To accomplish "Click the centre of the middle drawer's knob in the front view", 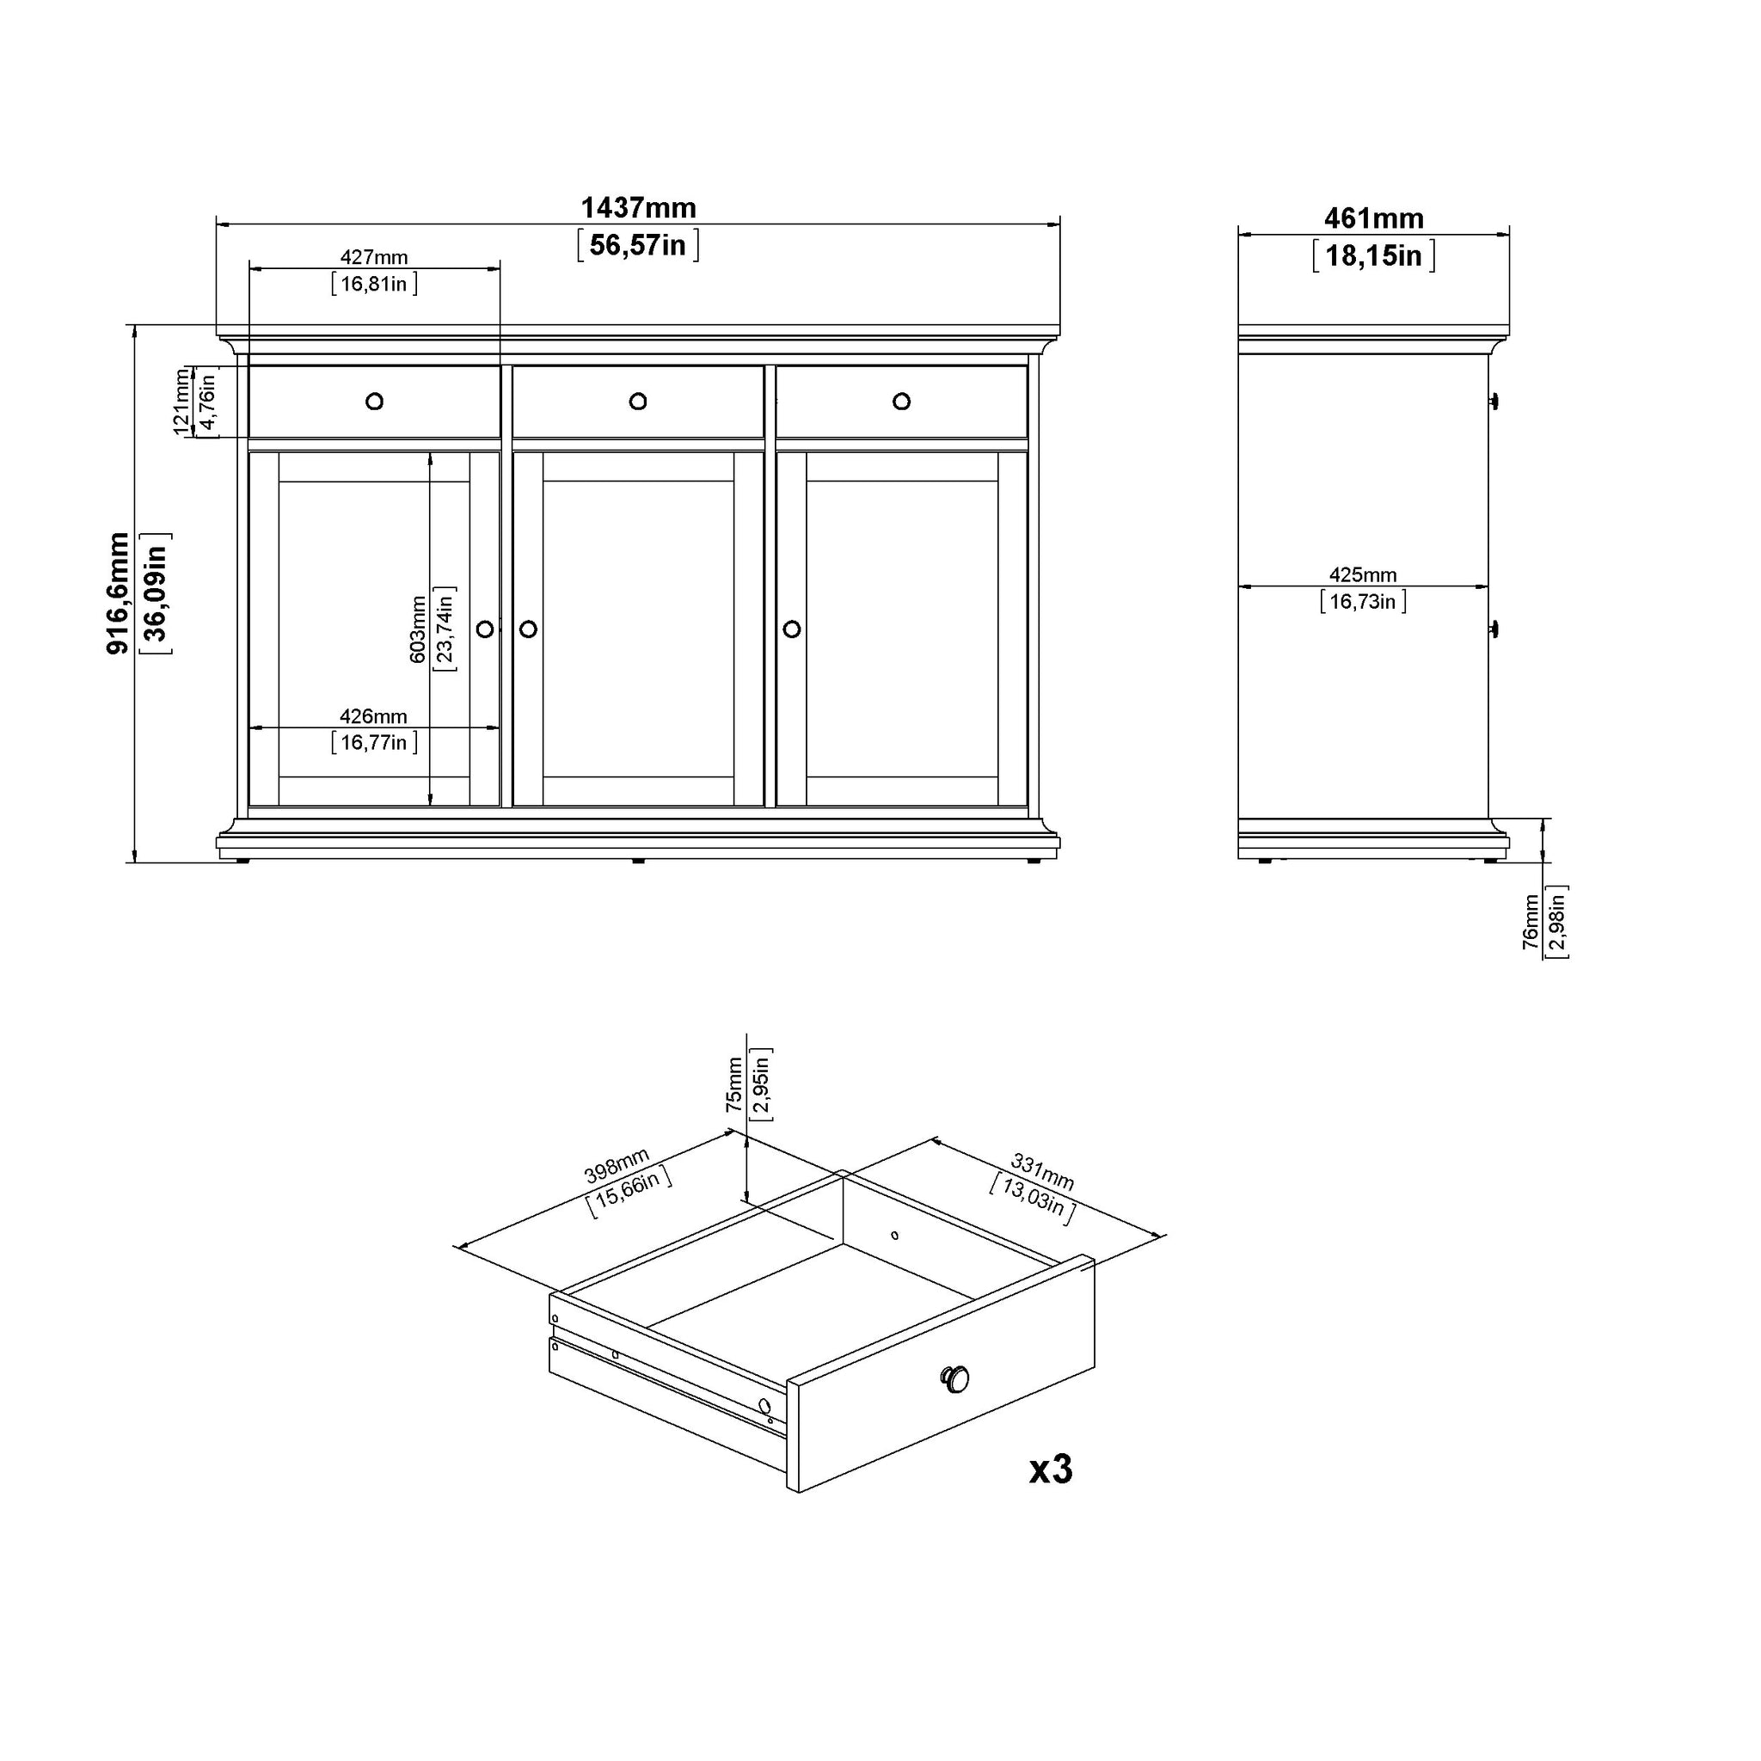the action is (638, 401).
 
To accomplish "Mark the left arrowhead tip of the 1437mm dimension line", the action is (217, 224).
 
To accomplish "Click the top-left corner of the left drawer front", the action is (249, 366).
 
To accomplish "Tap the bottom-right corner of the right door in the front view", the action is (1028, 806).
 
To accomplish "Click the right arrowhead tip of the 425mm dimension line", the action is (1488, 587).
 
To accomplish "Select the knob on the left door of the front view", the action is (485, 629).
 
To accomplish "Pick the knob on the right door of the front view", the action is (791, 629).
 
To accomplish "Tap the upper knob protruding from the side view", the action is (1494, 401).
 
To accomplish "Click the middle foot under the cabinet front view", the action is (638, 861).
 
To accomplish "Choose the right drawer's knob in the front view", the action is (901, 401).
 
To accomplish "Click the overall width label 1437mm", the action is (638, 208).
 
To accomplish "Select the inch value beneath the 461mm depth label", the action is (1373, 256).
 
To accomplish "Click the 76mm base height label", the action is (1531, 922).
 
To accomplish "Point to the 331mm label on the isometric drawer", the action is (1043, 1172).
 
